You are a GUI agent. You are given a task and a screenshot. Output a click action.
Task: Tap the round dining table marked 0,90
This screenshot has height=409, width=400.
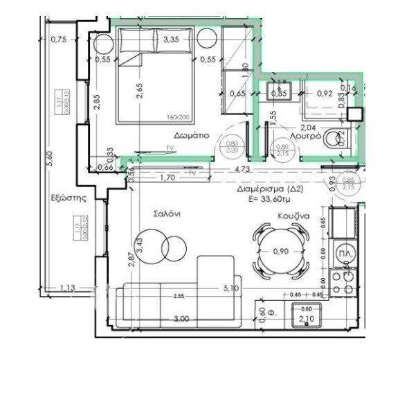click(x=280, y=250)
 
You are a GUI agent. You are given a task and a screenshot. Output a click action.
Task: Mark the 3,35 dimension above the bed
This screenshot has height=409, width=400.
click(x=170, y=40)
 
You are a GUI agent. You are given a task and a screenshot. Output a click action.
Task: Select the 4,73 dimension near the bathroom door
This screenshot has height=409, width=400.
click(x=242, y=168)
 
